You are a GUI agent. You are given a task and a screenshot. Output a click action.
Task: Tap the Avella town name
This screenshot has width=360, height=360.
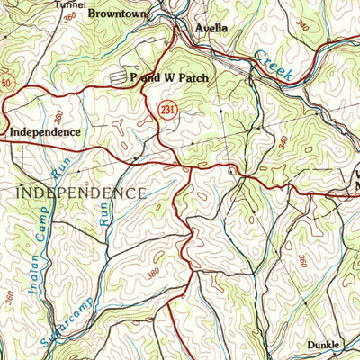point(211,29)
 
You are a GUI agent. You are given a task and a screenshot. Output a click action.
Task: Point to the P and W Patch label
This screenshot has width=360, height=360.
point(169,78)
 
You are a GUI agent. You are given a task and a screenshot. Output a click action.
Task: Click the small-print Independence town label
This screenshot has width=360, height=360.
point(45,132)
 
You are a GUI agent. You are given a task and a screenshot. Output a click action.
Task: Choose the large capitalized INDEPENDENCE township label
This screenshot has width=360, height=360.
point(82,193)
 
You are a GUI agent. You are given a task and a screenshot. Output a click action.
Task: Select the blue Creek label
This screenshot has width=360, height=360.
point(273,67)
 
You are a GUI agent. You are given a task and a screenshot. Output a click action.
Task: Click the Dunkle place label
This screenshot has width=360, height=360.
point(323,345)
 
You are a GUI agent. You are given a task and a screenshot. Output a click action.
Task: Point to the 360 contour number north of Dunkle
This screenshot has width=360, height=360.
point(302,260)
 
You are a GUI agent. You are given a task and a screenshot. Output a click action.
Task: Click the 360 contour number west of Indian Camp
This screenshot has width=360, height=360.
point(9,296)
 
